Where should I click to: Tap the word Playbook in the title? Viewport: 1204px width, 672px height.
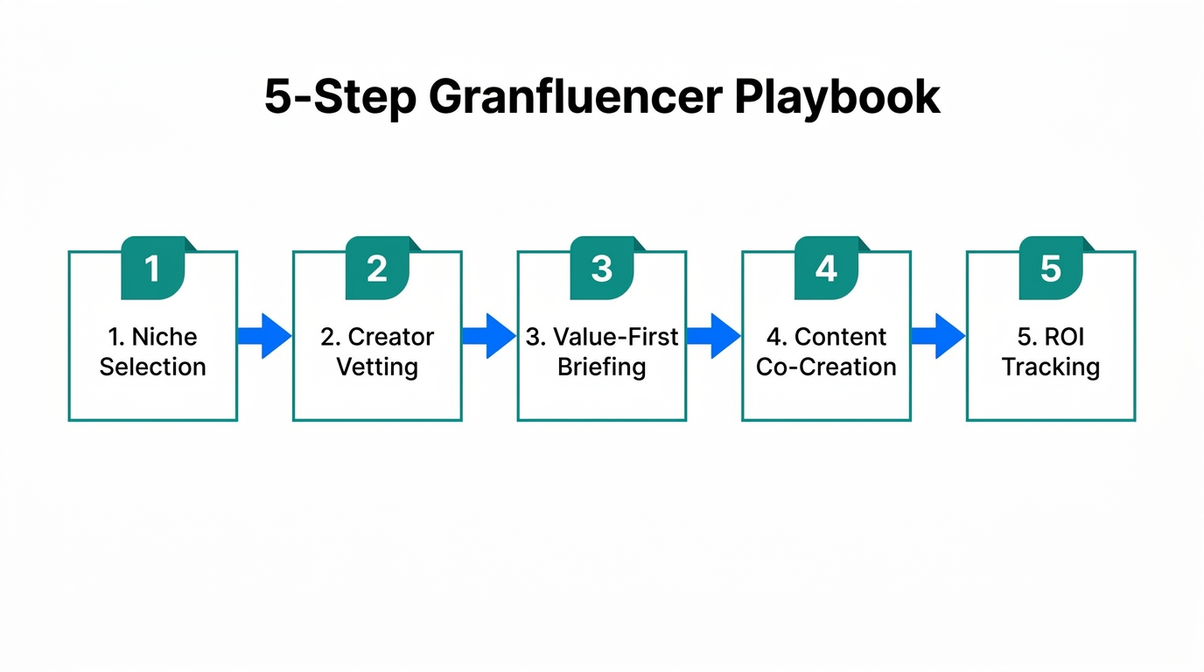point(836,98)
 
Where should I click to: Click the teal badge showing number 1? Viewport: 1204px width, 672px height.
point(153,269)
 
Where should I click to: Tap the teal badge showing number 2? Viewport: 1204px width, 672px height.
point(377,269)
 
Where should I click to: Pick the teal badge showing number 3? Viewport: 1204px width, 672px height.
point(602,269)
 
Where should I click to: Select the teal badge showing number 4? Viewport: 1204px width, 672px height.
point(826,269)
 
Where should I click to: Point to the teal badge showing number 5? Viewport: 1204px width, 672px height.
point(1051,269)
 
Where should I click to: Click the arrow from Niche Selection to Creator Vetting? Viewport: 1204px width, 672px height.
point(264,336)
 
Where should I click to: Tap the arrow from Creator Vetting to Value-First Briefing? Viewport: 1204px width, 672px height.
point(489,336)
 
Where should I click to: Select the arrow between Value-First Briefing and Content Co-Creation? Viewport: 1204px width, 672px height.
point(713,336)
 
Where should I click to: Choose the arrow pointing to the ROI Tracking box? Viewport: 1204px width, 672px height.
point(938,336)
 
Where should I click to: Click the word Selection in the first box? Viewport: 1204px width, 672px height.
point(153,367)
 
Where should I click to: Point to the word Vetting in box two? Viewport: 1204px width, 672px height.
point(377,367)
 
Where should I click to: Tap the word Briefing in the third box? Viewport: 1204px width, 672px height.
point(602,367)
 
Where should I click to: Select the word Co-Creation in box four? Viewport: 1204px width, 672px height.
point(826,367)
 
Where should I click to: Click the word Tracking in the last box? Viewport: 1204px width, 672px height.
point(1051,367)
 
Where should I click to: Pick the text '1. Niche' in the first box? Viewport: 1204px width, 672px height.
point(153,337)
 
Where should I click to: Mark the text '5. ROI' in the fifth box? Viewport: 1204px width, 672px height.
point(1051,337)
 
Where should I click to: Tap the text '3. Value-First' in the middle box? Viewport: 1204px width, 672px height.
point(602,337)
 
